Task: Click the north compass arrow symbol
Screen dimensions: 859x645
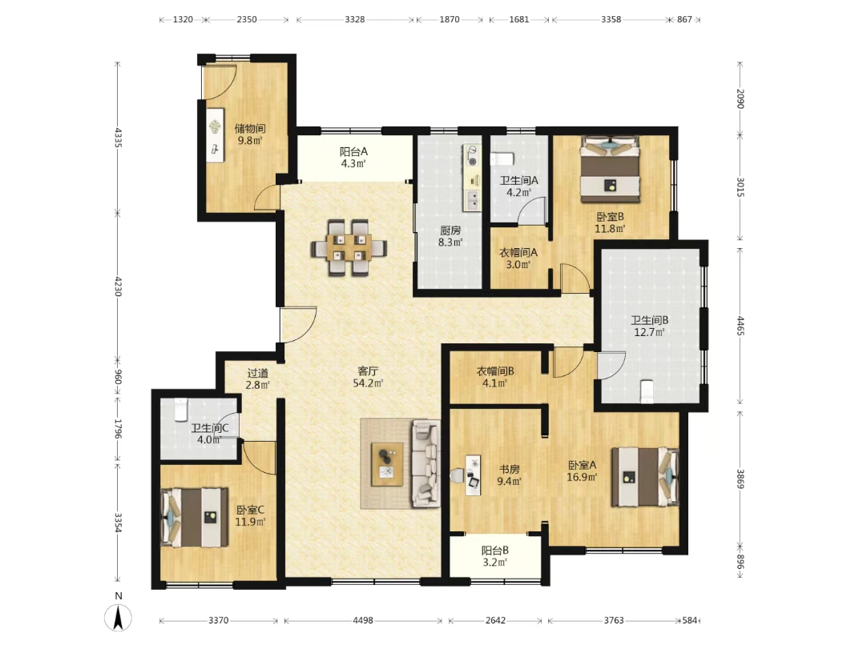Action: point(118,618)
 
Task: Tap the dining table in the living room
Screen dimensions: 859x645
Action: point(349,248)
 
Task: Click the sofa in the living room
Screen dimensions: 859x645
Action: point(425,463)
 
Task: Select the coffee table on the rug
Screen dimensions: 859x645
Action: point(387,464)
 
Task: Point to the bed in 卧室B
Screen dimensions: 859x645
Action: point(610,169)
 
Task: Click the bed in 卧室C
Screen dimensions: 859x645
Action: point(195,518)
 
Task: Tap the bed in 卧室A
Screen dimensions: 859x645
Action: point(645,476)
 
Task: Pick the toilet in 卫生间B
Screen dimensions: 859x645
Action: point(647,391)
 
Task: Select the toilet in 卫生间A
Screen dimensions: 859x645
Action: point(502,159)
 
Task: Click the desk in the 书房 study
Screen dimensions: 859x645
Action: point(473,475)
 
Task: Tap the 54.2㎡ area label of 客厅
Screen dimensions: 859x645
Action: point(368,383)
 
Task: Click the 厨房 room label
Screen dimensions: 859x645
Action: point(450,230)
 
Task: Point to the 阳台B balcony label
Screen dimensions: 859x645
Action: point(495,551)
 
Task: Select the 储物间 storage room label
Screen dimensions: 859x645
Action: point(250,129)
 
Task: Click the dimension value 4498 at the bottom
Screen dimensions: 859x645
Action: point(363,620)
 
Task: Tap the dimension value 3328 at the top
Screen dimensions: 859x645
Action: point(354,20)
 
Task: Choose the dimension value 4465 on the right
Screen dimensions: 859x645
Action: point(740,326)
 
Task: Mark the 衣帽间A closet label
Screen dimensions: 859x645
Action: point(518,253)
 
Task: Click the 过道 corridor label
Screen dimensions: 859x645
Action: point(257,373)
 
